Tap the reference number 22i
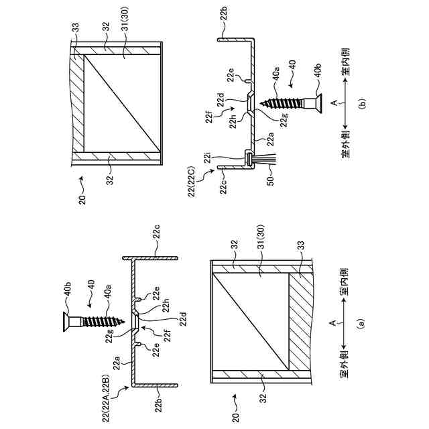point(211,160)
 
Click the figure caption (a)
point(361,323)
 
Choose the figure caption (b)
point(361,104)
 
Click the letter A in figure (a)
point(333,322)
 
